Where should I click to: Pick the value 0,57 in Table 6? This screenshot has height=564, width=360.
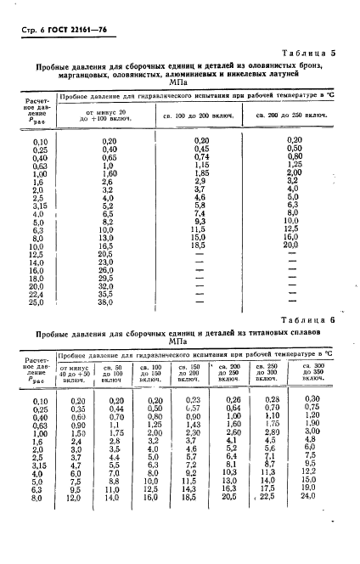click(194, 407)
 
